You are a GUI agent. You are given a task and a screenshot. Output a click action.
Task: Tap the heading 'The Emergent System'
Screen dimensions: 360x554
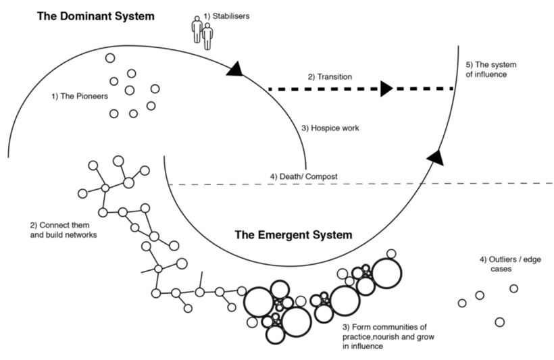293,236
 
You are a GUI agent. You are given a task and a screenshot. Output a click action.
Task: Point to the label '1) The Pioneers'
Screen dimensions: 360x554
79,97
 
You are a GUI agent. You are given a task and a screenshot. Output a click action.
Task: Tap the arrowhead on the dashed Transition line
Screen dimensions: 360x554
386,88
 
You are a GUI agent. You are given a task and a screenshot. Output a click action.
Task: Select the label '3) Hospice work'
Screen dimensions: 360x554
330,128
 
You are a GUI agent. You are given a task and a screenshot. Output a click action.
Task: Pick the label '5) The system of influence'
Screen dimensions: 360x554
490,70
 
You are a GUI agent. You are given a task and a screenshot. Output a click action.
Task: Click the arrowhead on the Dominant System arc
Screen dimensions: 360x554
235,68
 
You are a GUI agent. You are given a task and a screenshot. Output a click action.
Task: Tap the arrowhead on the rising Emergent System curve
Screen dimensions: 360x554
436,157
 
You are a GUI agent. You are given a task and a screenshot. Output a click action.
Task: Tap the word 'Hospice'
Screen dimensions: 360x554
326,128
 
